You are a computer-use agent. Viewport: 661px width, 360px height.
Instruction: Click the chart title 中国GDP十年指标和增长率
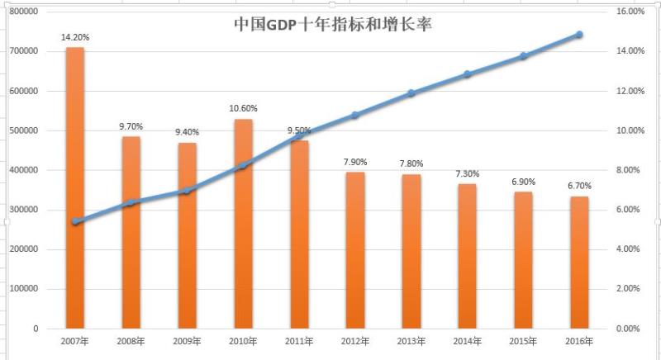point(333,24)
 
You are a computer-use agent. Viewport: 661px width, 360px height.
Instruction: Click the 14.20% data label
point(75,37)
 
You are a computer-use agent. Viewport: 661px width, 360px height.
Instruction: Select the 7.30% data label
point(468,173)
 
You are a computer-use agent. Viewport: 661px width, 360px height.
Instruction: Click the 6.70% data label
point(579,187)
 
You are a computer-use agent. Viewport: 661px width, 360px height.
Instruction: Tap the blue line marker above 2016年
point(579,35)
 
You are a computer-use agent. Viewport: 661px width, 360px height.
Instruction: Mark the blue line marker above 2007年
point(75,222)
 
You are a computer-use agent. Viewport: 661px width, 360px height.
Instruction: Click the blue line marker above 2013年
point(411,93)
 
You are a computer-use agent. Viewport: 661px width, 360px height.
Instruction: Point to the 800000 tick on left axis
point(24,12)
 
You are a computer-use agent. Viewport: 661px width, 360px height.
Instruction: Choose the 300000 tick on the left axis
point(24,210)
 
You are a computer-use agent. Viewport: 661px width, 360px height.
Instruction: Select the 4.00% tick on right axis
point(632,249)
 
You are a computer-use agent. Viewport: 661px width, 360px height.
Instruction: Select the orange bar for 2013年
point(411,251)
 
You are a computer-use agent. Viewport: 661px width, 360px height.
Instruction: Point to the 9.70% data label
point(131,126)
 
